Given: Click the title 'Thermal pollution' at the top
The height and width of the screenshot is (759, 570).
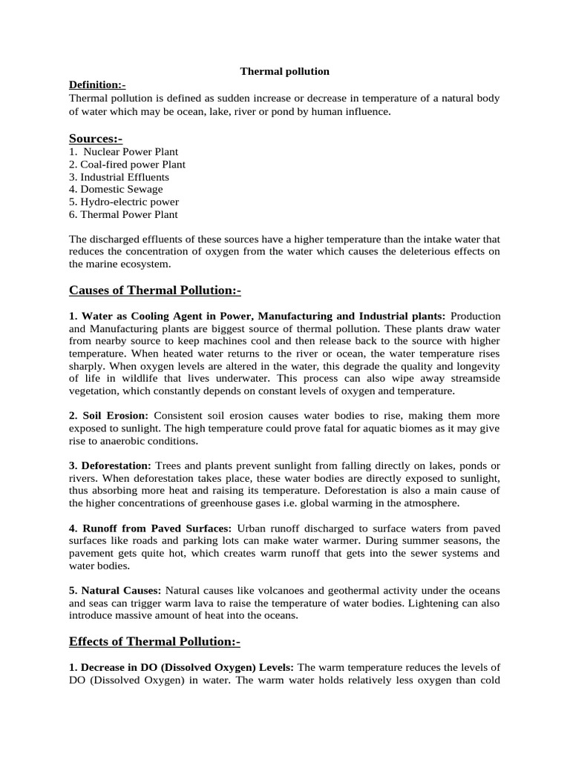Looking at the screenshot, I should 284,72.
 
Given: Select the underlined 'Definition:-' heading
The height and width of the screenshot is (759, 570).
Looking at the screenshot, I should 97,85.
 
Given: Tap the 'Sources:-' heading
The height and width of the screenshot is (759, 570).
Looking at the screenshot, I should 96,139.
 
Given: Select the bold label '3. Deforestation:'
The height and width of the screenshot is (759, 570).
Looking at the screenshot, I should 110,465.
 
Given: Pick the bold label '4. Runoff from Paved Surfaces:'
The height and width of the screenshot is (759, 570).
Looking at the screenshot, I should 150,528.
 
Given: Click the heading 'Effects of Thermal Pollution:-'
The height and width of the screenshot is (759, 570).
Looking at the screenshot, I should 154,641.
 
